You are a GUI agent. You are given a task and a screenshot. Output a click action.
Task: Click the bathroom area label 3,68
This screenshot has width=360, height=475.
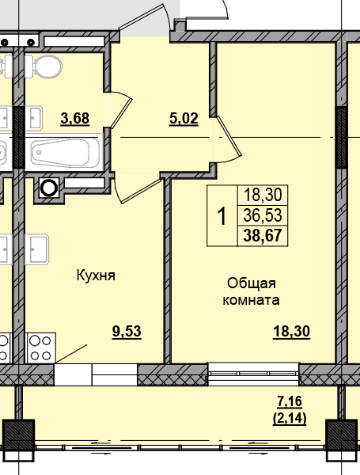[75, 118]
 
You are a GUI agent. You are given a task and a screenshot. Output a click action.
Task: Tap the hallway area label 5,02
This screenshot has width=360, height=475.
[184, 119]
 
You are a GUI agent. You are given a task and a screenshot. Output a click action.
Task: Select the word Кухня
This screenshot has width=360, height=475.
[96, 275]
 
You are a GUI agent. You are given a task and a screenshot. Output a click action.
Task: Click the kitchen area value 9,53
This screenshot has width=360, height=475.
[127, 331]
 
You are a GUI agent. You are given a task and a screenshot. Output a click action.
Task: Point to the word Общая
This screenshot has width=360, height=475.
[252, 284]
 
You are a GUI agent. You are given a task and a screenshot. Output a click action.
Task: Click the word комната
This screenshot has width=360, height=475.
[251, 300]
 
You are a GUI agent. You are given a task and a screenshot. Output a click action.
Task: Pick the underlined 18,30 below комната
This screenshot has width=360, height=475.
[291, 331]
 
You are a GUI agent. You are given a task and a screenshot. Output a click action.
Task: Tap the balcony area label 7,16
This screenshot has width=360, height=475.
[290, 401]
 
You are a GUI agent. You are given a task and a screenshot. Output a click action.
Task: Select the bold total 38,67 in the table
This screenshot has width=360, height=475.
[263, 235]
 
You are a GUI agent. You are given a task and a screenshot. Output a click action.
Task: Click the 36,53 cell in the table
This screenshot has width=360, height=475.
[263, 215]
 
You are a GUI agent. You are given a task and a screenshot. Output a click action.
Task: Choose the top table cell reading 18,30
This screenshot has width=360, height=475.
[263, 195]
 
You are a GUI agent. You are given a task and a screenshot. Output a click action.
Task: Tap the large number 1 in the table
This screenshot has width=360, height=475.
[222, 216]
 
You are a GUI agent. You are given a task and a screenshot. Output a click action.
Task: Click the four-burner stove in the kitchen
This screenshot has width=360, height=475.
[41, 348]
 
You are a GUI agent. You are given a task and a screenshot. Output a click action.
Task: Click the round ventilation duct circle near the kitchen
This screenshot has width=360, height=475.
[49, 188]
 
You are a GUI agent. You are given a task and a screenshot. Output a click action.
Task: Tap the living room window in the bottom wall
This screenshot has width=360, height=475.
[253, 374]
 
